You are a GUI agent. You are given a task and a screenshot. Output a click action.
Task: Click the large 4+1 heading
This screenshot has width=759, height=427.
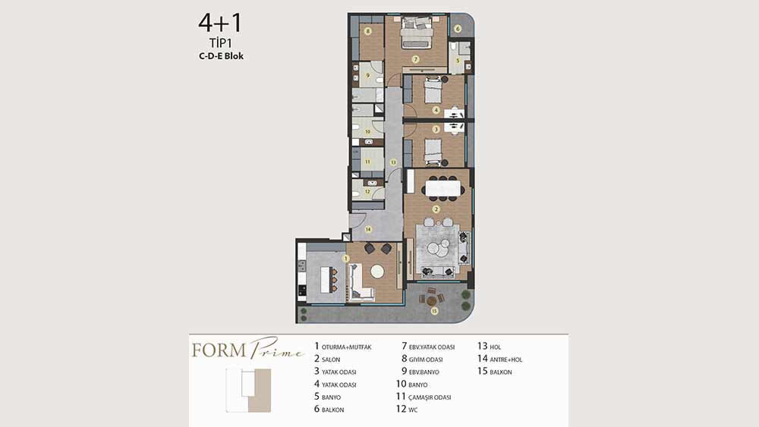point(219,23)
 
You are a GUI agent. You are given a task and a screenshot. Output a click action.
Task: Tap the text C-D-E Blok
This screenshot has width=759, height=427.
point(221,56)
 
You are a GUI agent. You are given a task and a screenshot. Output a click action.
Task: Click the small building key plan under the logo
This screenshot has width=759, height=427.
point(248,391)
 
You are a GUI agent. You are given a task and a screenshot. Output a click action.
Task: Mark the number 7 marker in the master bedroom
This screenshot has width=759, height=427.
point(415,59)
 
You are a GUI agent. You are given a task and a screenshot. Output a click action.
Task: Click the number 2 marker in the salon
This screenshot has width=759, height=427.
point(436,209)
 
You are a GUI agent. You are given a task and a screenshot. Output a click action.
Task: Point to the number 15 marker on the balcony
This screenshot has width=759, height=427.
point(434,311)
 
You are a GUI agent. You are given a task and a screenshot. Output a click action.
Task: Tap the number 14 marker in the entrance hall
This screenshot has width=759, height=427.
point(368,229)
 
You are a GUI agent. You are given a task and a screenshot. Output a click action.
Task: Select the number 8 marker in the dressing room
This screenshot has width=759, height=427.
point(368,31)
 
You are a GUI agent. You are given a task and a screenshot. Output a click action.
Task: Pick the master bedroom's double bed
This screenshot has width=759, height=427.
point(416,33)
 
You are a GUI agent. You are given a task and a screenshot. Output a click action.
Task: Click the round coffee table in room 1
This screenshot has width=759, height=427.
point(377,272)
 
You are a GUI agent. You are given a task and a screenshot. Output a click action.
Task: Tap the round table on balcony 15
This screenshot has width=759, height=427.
point(431,300)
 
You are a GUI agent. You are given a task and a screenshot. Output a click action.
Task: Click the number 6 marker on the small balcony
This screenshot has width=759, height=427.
point(458,29)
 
